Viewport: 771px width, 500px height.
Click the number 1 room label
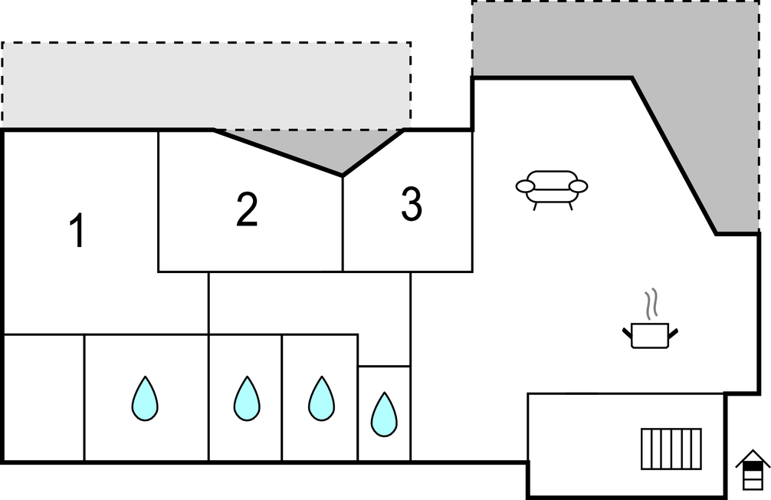point(77,231)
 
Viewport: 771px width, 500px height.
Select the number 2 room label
point(247,209)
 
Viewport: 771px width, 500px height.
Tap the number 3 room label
point(412,205)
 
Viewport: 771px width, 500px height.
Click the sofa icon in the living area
point(552,187)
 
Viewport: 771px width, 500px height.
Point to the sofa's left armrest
point(526,186)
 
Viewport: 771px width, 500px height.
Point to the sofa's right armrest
point(579,186)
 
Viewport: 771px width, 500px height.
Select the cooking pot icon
point(650,335)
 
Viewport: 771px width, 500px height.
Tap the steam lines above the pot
point(651,304)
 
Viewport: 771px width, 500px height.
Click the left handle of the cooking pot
point(627,331)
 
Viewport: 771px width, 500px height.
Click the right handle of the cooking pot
point(674,331)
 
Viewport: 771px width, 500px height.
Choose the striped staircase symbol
point(671,448)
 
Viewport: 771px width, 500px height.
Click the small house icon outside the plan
point(753,469)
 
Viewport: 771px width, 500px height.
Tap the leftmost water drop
point(145,398)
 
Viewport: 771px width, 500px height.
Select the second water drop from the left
point(246,398)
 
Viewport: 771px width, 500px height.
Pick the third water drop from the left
point(321,398)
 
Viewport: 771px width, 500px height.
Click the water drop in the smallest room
point(383,414)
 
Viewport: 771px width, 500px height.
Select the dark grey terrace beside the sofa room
point(690,92)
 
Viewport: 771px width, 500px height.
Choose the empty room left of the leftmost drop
point(44,397)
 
